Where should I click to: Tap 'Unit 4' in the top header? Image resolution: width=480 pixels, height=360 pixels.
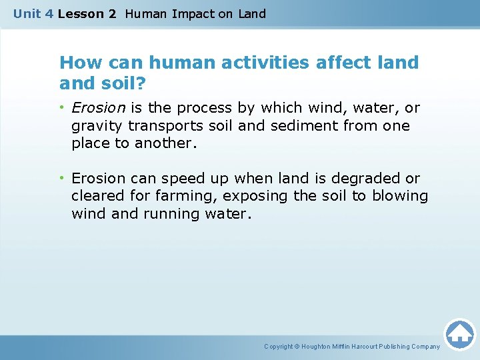tap(33, 14)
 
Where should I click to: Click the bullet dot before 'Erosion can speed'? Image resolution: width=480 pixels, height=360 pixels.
tap(63, 179)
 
